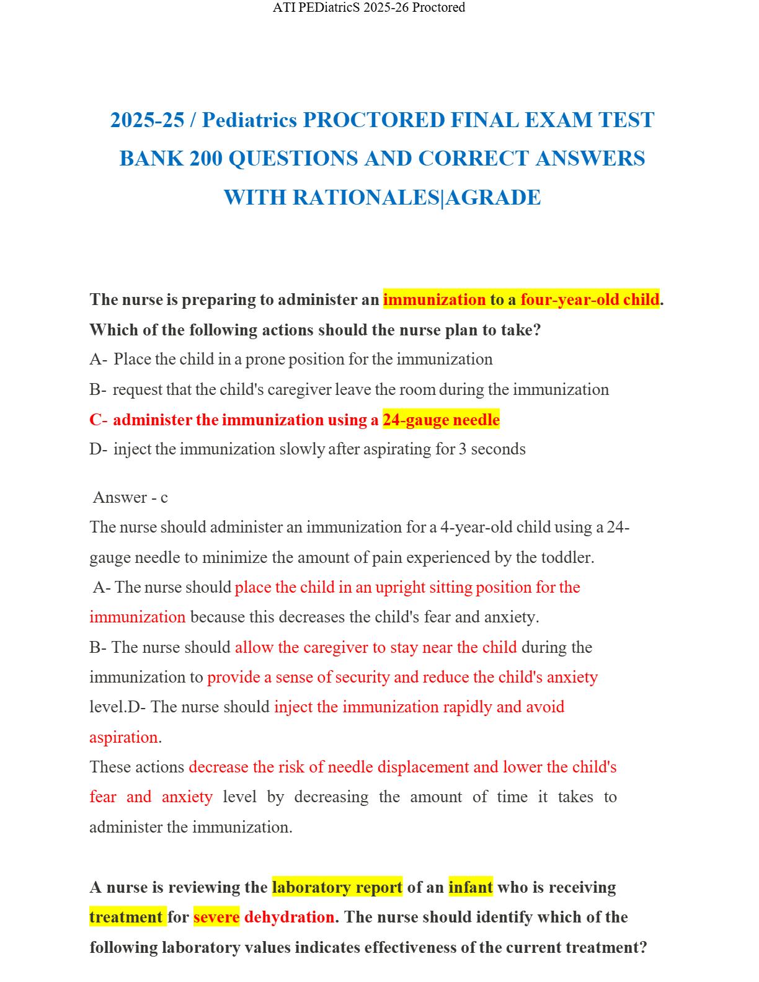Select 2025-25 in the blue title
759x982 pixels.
pos(148,120)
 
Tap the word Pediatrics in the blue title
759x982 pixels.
pos(249,120)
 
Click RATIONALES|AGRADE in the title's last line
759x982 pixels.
pos(416,198)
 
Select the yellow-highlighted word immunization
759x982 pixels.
pos(434,300)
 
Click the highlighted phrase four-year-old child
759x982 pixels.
pos(589,300)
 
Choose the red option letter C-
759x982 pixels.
pos(98,420)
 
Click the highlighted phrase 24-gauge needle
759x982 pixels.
pos(441,420)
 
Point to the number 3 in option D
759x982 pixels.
pos(463,449)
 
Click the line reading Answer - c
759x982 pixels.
pos(130,498)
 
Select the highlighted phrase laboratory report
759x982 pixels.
pos(337,888)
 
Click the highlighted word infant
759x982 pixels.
pos(471,888)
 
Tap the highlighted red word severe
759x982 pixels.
pos(216,918)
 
